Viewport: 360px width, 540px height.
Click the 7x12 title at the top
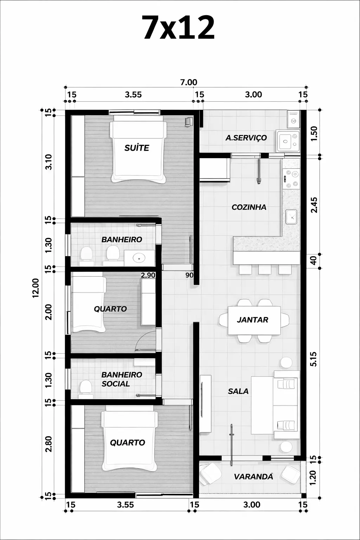[x=179, y=28]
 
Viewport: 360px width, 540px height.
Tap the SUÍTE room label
[x=137, y=148]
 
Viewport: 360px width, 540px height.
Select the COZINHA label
[x=249, y=207]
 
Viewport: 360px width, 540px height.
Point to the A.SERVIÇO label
[x=246, y=138]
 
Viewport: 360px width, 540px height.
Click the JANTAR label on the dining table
[x=252, y=320]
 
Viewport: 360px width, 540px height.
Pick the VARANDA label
[x=253, y=477]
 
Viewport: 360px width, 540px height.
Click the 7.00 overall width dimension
[x=188, y=82]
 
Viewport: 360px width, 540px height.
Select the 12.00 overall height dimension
[x=36, y=288]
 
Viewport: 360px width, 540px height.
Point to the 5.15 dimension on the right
[x=314, y=359]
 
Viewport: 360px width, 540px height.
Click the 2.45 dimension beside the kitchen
[x=314, y=205]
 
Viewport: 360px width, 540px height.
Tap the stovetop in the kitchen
[x=291, y=179]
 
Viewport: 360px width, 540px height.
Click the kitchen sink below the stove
[x=291, y=217]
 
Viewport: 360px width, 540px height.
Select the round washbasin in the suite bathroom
[x=139, y=258]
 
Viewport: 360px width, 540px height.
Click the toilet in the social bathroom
[x=85, y=387]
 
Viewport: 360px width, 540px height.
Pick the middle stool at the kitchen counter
[x=264, y=269]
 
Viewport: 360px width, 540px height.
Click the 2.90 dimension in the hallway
[x=148, y=275]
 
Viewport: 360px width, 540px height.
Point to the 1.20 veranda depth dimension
[x=312, y=477]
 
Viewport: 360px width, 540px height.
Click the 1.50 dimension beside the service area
[x=314, y=134]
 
